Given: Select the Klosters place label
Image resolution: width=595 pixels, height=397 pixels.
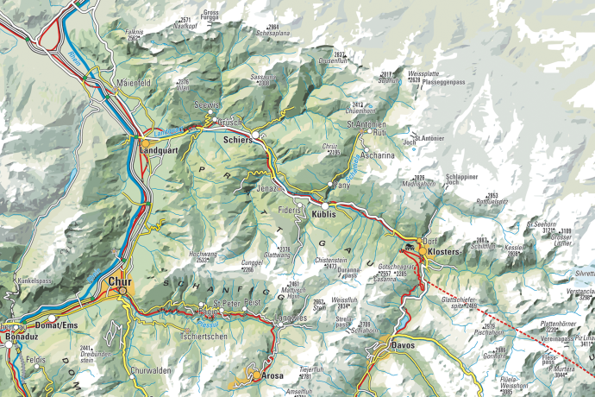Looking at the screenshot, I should click(443, 250).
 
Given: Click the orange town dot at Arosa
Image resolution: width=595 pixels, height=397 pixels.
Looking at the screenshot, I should click(254, 375).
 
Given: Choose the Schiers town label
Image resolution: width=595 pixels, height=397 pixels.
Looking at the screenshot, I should click(237, 138).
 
